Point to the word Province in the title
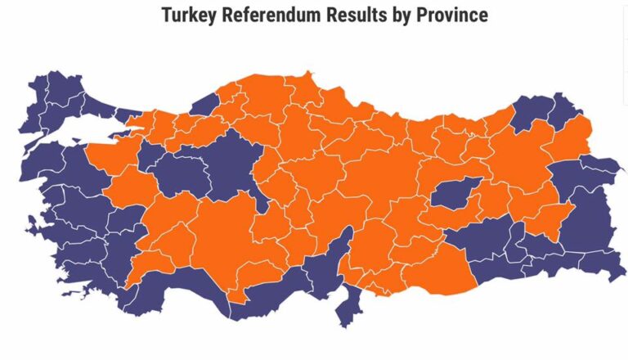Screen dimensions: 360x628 point(452,15)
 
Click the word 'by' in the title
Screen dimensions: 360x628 point(406,15)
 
